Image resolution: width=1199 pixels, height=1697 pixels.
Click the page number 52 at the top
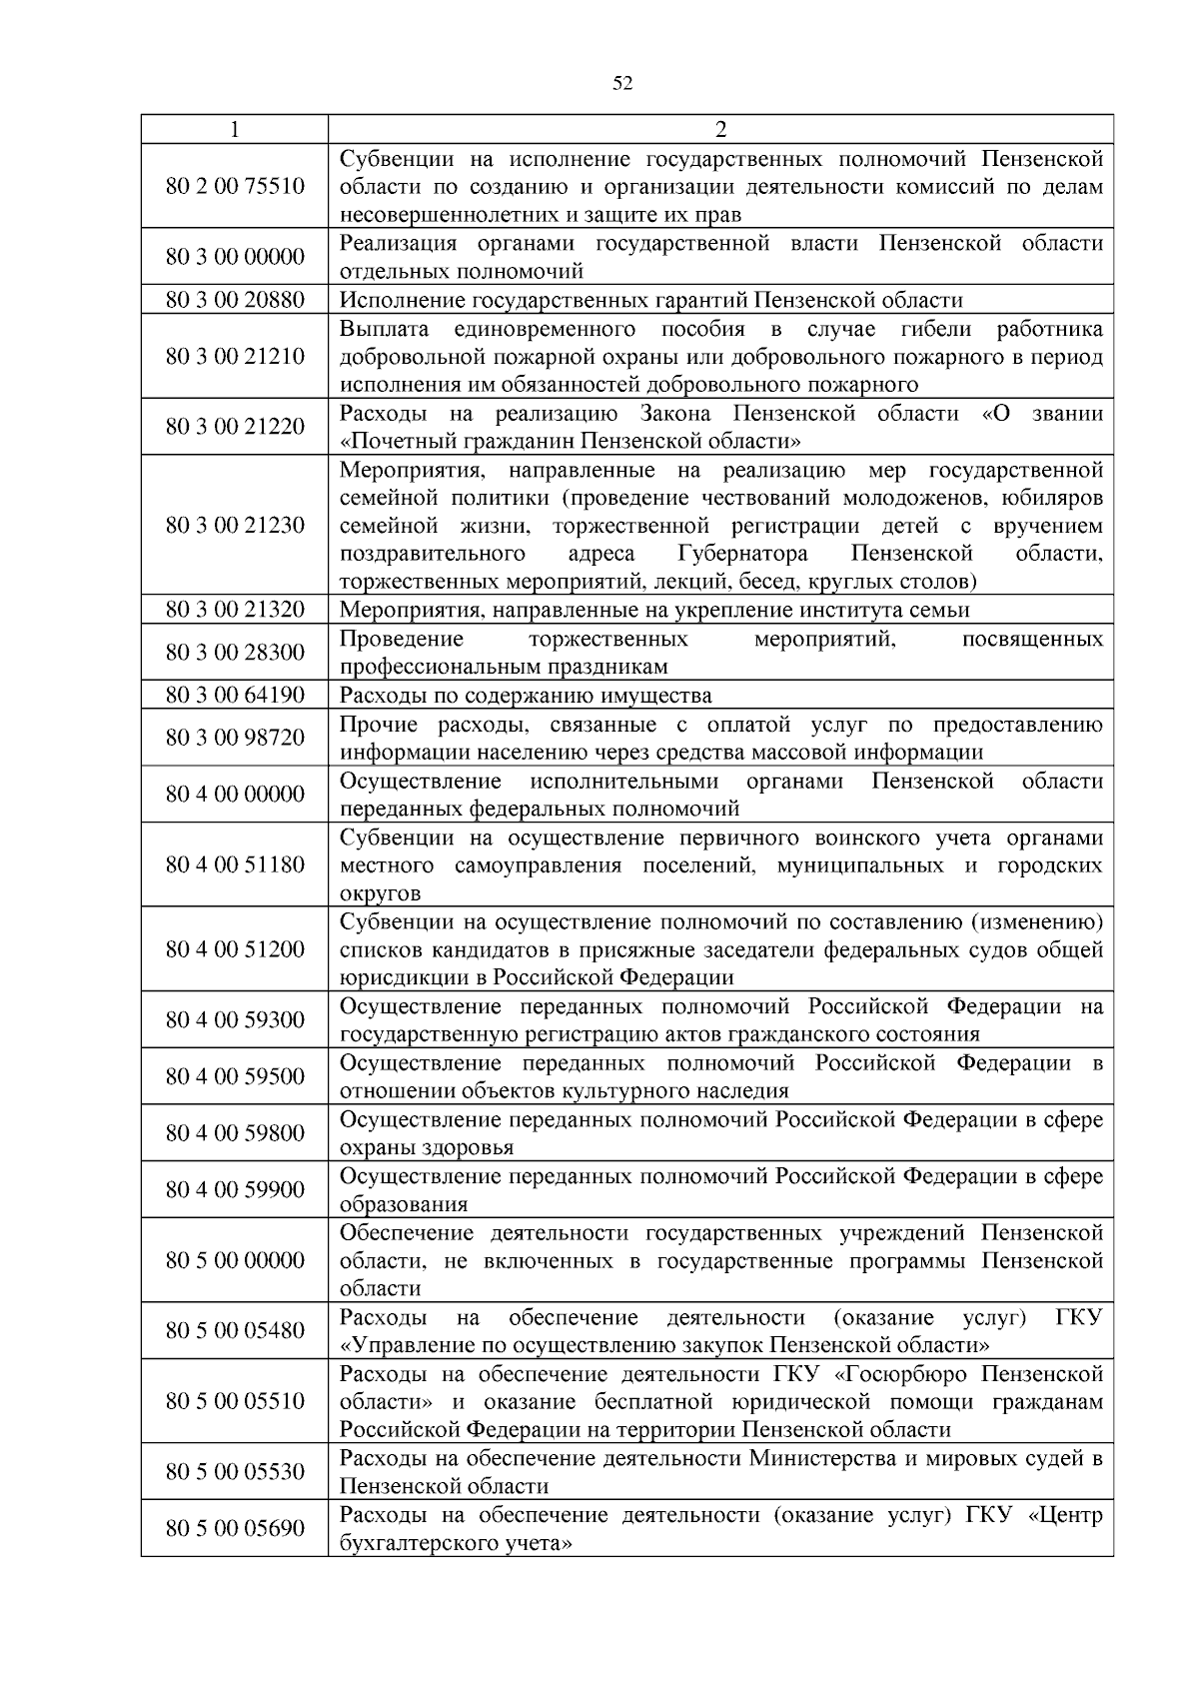pos(621,84)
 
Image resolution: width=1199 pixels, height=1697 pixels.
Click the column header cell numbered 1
pos(235,129)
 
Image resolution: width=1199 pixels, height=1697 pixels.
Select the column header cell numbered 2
pos(720,129)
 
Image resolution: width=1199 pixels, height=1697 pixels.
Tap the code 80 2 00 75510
pos(235,186)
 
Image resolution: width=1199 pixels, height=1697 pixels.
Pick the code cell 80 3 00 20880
pos(235,300)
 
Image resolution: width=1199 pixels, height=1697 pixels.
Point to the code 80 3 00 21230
pos(235,525)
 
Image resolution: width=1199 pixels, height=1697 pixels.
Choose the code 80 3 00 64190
pos(235,695)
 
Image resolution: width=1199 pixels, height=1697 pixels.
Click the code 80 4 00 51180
pos(235,864)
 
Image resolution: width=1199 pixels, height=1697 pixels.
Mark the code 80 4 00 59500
pos(235,1076)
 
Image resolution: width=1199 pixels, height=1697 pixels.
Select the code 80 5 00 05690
pos(235,1528)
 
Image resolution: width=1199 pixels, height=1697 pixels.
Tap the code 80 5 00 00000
pos(235,1260)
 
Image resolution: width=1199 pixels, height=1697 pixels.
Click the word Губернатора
pos(743,554)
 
